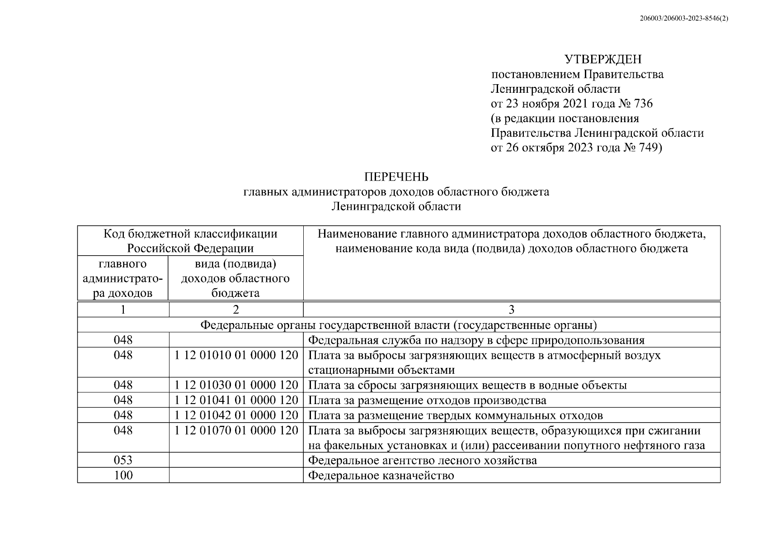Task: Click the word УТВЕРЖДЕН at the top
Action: [x=602, y=59]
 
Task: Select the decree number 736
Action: [x=644, y=104]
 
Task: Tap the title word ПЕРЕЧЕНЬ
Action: [x=396, y=176]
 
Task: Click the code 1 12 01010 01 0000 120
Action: [x=236, y=355]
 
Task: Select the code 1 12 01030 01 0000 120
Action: [x=236, y=385]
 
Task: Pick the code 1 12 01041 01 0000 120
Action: [x=236, y=400]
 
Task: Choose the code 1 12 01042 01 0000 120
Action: [x=236, y=415]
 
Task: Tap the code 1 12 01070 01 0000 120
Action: [x=236, y=430]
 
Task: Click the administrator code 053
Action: [x=123, y=460]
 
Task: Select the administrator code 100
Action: [x=123, y=475]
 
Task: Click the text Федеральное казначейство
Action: [x=381, y=476]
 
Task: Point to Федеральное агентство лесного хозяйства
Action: [x=423, y=461]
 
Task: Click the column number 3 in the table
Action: [x=512, y=310]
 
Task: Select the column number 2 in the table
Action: [x=236, y=310]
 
